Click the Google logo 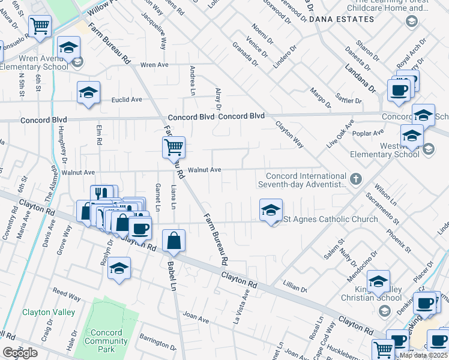pyautogui.click(x=20, y=353)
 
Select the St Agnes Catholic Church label pyautogui.click(x=331, y=219)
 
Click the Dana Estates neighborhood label pyautogui.click(x=341, y=19)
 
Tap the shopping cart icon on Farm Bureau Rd pyautogui.click(x=173, y=146)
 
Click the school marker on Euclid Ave pyautogui.click(x=88, y=93)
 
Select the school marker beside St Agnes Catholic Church pyautogui.click(x=271, y=211)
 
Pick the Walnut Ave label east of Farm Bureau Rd pyautogui.click(x=205, y=170)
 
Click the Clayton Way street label pyautogui.click(x=289, y=134)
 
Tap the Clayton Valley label pyautogui.click(x=49, y=312)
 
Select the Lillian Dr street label pyautogui.click(x=296, y=288)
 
